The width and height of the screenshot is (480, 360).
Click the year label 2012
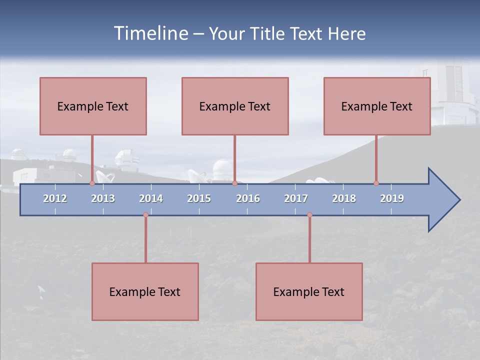click(x=55, y=198)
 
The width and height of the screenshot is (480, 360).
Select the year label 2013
click(x=103, y=198)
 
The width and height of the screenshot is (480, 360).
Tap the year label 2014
click(x=151, y=198)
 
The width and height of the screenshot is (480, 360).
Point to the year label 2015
click(x=199, y=198)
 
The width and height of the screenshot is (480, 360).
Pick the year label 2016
click(x=248, y=198)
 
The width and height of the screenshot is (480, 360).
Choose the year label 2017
click(x=296, y=198)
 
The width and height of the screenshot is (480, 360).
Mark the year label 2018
click(x=344, y=198)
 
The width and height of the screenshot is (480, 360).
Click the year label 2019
click(x=392, y=198)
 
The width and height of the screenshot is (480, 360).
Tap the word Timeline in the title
click(x=150, y=33)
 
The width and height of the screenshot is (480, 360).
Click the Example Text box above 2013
click(x=93, y=106)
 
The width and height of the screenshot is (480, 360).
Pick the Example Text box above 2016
click(x=235, y=106)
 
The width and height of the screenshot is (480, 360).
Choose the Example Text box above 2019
click(x=377, y=106)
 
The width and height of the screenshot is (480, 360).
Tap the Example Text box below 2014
click(x=145, y=291)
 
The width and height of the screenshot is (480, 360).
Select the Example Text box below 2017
click(x=309, y=291)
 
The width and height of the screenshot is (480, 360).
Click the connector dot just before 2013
click(x=92, y=183)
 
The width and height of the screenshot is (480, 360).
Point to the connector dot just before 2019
click(x=376, y=183)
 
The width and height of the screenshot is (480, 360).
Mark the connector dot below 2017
click(x=309, y=214)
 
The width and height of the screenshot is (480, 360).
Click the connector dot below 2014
click(x=145, y=214)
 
